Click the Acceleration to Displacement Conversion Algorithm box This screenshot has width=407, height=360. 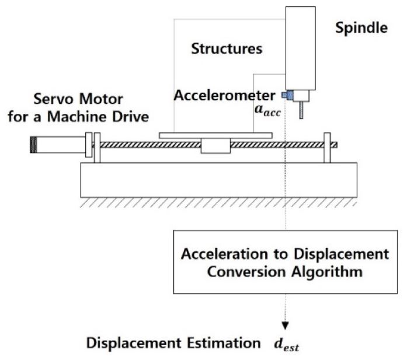coord(285,262)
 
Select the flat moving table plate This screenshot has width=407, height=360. coord(215,135)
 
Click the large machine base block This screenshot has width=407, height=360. coord(218,180)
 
